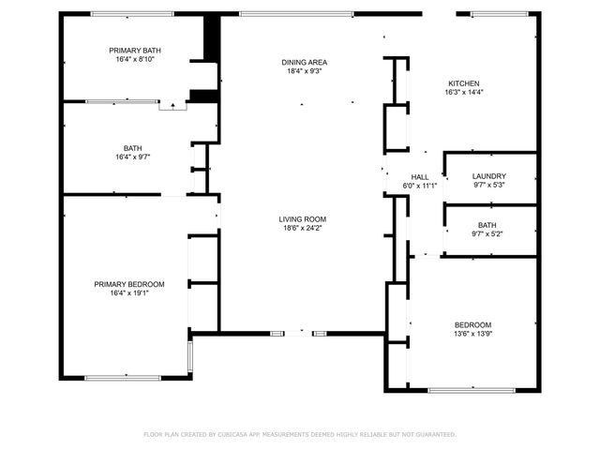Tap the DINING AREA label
pos(304,63)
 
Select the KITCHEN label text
pos(463,83)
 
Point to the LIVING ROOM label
pos(302,219)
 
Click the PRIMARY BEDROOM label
pos(128,284)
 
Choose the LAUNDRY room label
pos(488,176)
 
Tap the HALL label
pos(420,177)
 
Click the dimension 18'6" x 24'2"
pos(302,229)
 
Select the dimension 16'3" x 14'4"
pos(463,93)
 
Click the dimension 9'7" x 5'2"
pos(487,234)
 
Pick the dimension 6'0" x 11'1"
pos(420,187)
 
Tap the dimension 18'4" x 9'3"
pos(304,72)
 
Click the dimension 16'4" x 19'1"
pos(128,293)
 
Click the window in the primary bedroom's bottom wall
pos(123,378)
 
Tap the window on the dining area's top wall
pos(296,13)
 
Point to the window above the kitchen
pos(498,13)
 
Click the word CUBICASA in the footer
pos(241,435)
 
